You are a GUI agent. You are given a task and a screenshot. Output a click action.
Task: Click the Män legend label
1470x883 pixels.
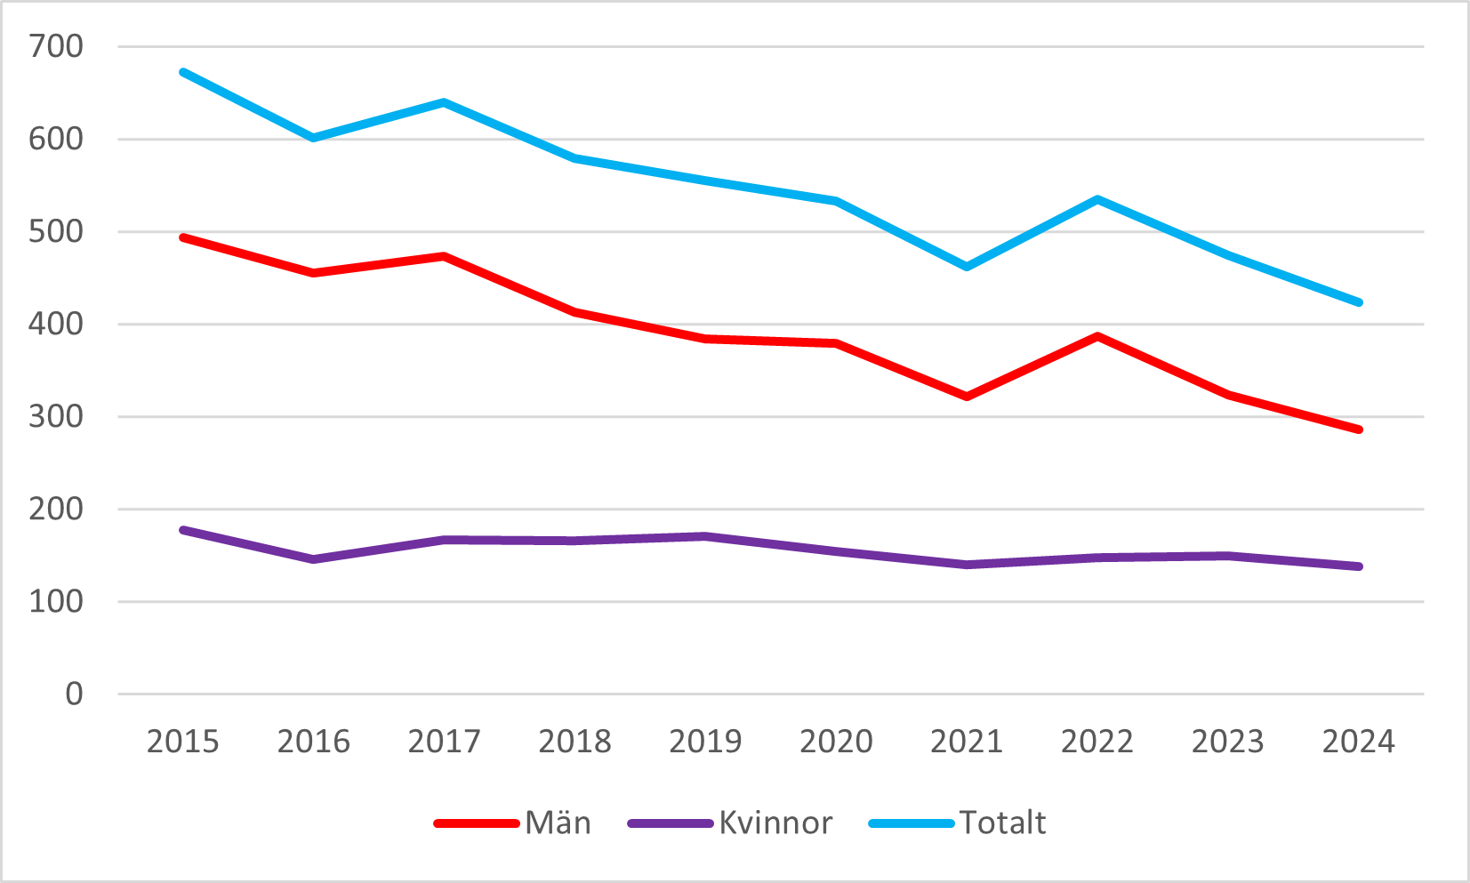click(558, 823)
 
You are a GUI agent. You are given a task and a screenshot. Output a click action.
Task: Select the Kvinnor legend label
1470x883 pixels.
click(775, 823)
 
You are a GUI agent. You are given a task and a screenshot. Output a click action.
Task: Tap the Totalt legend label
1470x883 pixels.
click(1002, 823)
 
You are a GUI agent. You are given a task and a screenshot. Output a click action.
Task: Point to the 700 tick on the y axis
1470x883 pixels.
click(56, 46)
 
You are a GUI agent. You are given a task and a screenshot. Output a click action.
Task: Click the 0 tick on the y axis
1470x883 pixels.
click(74, 694)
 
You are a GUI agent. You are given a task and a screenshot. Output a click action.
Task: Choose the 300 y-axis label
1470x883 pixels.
click(56, 416)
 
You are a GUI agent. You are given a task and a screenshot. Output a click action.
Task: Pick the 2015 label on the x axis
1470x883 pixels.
click(182, 741)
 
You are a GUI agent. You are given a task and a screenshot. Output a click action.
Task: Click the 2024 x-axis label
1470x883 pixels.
click(1358, 741)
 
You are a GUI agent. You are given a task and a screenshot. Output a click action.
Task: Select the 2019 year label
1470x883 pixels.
click(705, 741)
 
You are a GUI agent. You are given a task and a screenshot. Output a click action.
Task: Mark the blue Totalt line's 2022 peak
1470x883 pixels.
click(1097, 199)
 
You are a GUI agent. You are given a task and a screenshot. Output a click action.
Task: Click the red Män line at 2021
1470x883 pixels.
click(967, 397)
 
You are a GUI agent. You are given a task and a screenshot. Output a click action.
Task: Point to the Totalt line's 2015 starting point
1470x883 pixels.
click(182, 72)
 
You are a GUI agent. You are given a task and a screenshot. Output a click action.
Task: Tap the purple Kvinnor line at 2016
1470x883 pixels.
click(313, 559)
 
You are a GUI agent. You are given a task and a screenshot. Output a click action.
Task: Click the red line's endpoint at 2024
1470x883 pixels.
click(1359, 429)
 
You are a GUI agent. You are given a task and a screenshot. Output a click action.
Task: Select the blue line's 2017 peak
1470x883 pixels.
click(444, 102)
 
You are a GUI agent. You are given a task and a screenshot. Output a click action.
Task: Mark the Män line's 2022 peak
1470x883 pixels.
click(1097, 336)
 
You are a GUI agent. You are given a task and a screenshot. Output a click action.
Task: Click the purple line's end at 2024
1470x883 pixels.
click(1359, 566)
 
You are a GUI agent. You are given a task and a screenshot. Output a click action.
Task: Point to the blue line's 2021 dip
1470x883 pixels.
click(967, 267)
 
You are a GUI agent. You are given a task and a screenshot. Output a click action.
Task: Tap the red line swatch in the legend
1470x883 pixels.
click(476, 823)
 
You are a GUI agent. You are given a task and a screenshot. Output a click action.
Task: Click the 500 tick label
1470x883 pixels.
click(56, 231)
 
